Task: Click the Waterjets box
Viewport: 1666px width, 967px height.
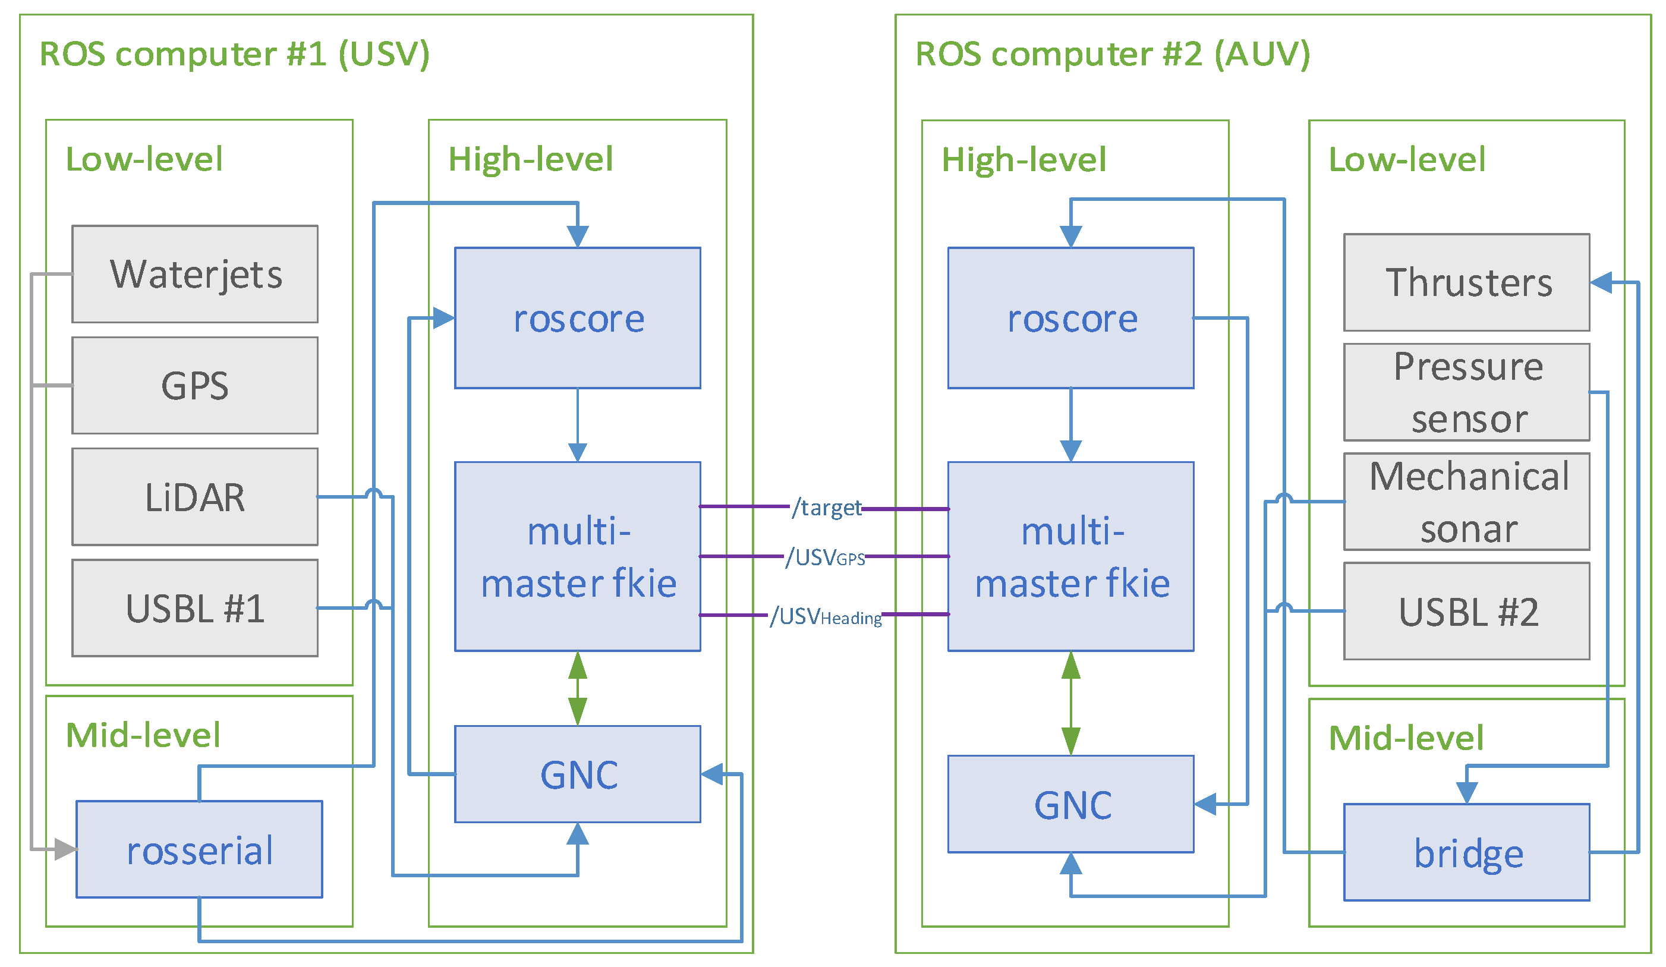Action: (x=195, y=275)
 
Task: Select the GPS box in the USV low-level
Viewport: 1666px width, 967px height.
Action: (x=195, y=385)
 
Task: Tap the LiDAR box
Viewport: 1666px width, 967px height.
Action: (x=195, y=497)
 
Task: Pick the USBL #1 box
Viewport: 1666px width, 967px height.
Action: (x=195, y=608)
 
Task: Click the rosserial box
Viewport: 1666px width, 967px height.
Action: (x=200, y=850)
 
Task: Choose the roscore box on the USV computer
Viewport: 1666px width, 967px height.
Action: (x=578, y=318)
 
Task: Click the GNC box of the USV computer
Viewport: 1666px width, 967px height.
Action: (x=578, y=774)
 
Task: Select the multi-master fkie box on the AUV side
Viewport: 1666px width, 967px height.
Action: (x=1071, y=556)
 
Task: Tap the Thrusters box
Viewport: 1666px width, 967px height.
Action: (x=1467, y=282)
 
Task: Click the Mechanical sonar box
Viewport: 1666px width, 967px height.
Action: (x=1467, y=502)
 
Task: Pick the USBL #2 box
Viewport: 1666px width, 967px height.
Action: (x=1467, y=612)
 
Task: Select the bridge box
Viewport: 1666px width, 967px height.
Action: (x=1467, y=853)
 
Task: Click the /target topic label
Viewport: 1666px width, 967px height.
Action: (x=826, y=508)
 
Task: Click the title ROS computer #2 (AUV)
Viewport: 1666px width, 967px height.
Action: (x=1113, y=53)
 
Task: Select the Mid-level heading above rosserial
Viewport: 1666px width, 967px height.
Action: (x=143, y=735)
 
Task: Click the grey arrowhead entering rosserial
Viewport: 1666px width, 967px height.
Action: (x=65, y=849)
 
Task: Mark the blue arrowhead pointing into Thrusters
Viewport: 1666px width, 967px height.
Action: (x=1601, y=283)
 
